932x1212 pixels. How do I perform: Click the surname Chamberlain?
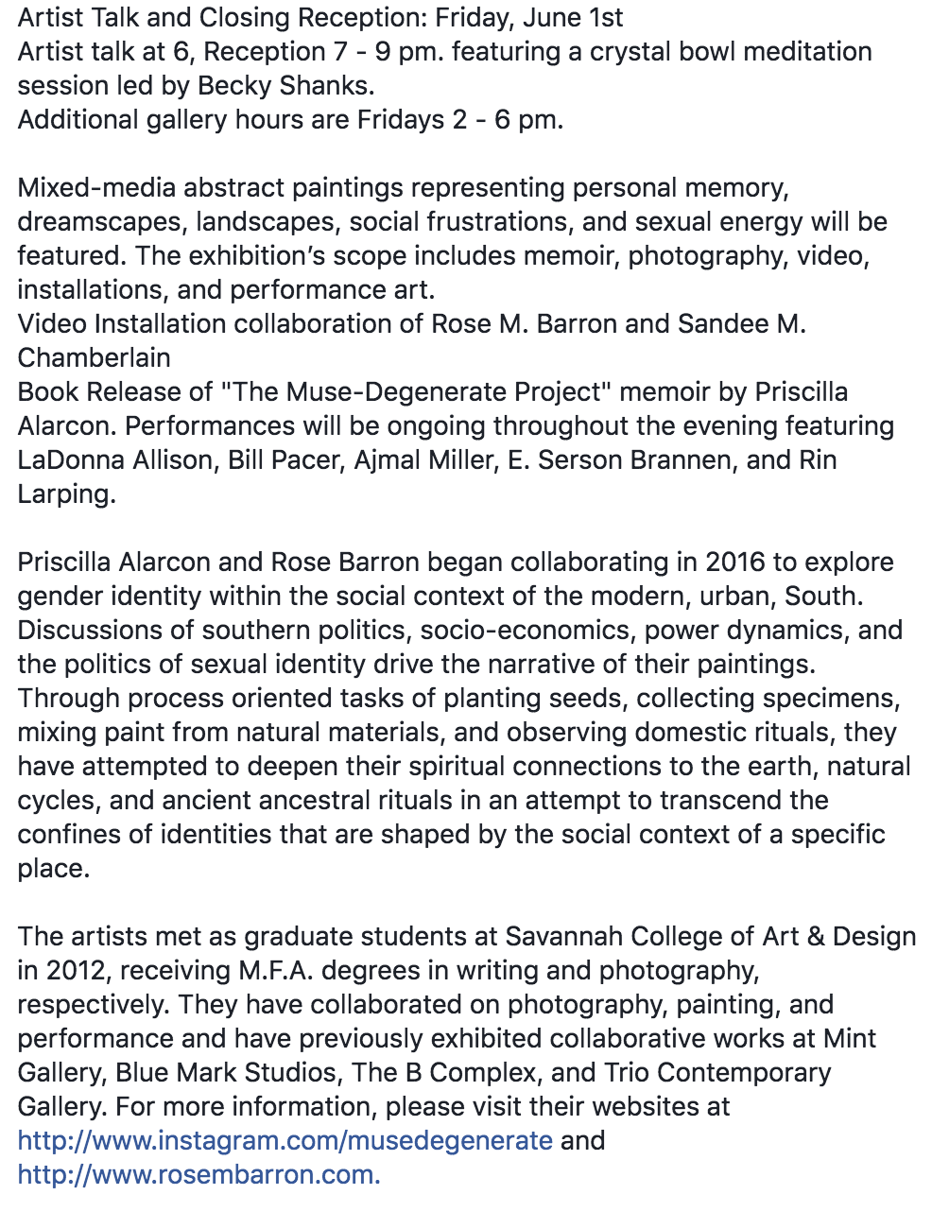(x=95, y=357)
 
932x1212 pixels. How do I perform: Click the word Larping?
(x=66, y=493)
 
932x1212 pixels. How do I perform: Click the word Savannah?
(x=563, y=936)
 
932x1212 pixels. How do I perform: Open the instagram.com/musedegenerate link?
(x=285, y=1140)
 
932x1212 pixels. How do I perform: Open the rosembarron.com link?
(x=198, y=1174)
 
